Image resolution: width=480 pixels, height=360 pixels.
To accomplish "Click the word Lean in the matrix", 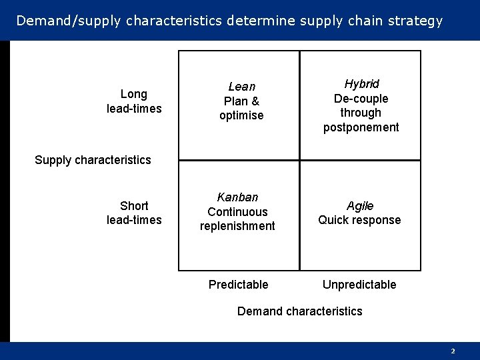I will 241,87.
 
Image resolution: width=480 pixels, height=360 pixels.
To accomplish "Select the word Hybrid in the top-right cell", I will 361,84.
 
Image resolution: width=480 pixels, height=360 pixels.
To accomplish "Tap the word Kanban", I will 237,197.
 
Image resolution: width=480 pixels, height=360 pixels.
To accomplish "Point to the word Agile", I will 360,206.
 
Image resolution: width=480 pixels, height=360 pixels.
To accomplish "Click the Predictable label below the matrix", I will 238,285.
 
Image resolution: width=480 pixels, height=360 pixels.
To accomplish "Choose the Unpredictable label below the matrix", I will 359,285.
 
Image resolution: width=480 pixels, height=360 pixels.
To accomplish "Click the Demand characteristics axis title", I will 300,311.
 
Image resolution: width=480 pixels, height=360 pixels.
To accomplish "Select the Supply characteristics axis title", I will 93,160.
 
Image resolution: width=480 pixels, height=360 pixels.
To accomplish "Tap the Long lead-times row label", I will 134,101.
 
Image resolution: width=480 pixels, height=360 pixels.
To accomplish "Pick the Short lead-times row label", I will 134,213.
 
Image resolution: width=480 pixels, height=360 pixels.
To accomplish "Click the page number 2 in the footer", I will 453,351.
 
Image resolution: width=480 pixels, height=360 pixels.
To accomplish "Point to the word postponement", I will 361,127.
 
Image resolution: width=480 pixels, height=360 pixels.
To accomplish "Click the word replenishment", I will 237,226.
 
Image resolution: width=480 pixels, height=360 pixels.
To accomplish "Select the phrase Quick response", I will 359,220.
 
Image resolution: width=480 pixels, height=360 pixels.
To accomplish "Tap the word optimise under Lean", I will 241,115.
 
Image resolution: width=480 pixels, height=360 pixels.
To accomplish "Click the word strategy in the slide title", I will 415,21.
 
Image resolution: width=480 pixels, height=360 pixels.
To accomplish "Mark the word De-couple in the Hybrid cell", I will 361,99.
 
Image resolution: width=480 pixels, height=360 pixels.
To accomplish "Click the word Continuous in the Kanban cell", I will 237,212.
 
